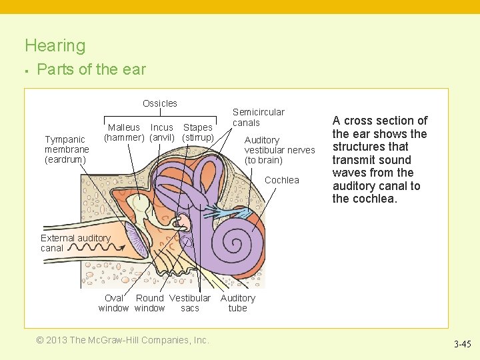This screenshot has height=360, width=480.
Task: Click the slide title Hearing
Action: [55, 46]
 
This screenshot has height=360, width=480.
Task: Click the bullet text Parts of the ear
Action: [91, 69]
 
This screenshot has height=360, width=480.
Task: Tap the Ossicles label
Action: [160, 103]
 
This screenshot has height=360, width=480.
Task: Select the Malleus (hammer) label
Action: [124, 132]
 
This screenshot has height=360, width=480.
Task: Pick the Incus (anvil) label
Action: [162, 132]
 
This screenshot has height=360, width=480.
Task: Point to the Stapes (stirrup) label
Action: [198, 132]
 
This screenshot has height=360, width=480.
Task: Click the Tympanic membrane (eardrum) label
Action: [65, 149]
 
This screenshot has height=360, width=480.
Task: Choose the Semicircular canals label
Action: [258, 117]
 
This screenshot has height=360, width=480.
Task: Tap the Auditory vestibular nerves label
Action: [279, 150]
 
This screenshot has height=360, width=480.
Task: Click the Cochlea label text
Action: [282, 180]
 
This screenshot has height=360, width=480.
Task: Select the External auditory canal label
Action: [75, 243]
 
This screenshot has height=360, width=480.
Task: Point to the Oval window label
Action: [113, 303]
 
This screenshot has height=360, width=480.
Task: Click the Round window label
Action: [149, 303]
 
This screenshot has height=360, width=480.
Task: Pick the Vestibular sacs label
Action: [190, 303]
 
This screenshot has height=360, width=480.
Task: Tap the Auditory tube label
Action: [237, 303]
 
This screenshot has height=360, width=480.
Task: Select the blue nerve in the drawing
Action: [229, 212]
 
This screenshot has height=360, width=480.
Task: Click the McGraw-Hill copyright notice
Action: [123, 340]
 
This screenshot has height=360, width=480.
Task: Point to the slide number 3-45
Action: [462, 345]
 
